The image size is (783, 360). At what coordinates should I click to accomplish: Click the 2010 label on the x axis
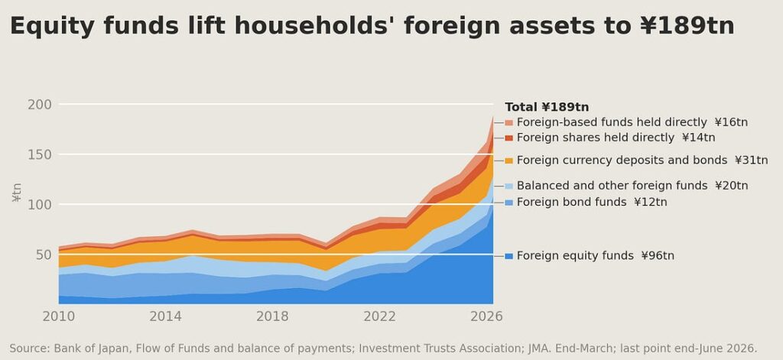tap(59, 316)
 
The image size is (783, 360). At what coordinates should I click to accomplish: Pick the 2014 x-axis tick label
tap(165, 316)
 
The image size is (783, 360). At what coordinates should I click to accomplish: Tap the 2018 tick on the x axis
tap(272, 316)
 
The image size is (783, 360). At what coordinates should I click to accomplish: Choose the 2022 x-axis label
tap(379, 316)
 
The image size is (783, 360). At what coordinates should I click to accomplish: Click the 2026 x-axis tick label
tap(486, 316)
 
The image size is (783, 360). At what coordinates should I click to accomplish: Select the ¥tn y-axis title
tap(17, 193)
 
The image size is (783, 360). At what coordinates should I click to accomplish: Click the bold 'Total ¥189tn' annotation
tap(547, 107)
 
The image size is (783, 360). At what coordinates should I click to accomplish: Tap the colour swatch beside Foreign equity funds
tap(508, 256)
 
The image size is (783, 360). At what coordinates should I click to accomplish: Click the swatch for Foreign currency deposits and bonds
tap(508, 161)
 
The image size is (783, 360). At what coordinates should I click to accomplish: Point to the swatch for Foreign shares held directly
tap(508, 138)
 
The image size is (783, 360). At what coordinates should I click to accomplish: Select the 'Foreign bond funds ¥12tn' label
tap(592, 203)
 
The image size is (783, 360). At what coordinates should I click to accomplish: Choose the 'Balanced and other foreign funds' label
tap(612, 186)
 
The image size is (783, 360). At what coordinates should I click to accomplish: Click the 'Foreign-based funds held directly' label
tap(612, 122)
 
